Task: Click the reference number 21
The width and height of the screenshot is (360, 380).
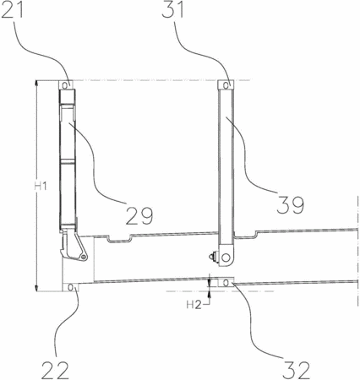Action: click(x=13, y=10)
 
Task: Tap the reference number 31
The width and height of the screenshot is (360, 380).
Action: click(x=173, y=10)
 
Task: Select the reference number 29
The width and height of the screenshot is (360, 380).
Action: click(x=139, y=215)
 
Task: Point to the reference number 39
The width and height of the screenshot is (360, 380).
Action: click(x=291, y=205)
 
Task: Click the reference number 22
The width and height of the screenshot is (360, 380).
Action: click(x=55, y=370)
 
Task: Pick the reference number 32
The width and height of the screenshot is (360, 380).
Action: click(x=296, y=370)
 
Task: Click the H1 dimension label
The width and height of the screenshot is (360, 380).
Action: click(x=41, y=186)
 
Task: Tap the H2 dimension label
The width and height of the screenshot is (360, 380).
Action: click(x=194, y=305)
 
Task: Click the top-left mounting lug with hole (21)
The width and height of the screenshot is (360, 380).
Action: click(x=66, y=84)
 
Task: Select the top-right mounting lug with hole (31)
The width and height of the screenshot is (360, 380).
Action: click(x=226, y=84)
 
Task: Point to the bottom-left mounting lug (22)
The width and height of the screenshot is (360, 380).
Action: click(x=71, y=287)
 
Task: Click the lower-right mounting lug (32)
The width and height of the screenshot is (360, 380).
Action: click(x=226, y=282)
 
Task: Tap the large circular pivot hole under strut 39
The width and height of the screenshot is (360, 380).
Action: click(x=226, y=257)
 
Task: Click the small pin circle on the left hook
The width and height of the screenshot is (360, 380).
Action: click(x=83, y=257)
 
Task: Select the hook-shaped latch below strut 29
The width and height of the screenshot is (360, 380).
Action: click(x=74, y=245)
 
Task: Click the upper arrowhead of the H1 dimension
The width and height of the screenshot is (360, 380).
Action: click(x=36, y=84)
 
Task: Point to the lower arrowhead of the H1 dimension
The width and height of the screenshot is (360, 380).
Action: click(x=36, y=288)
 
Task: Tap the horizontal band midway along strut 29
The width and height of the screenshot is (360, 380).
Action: click(x=68, y=161)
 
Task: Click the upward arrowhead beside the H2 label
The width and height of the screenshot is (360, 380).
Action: click(x=209, y=295)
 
